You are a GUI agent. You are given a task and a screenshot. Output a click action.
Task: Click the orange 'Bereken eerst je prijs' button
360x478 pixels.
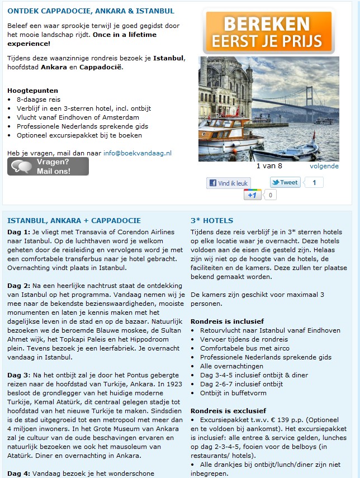coord(268,32)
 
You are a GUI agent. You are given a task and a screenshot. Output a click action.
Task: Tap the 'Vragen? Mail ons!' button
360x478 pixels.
coord(48,167)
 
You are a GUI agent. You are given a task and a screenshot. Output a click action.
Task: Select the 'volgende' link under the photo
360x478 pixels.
coord(324,166)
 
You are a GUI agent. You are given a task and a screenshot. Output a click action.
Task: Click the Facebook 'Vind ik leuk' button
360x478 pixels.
coord(229,183)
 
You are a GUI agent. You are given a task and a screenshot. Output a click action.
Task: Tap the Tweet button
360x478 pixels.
coord(285,182)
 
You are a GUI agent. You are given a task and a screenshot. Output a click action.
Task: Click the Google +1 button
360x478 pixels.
coord(253,195)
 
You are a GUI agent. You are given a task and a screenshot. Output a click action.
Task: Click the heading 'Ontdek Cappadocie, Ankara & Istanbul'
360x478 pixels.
coord(91,11)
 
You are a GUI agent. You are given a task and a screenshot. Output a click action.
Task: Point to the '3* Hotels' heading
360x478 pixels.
coord(212,220)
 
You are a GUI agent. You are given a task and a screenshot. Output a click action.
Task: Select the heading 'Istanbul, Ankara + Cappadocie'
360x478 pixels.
coord(74,220)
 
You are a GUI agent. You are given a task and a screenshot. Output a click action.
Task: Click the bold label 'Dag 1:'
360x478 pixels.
coord(18,232)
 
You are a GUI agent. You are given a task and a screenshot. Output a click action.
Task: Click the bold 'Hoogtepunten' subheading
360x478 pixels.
coord(33,90)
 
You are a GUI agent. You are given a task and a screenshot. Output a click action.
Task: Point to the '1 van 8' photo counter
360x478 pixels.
coord(269,166)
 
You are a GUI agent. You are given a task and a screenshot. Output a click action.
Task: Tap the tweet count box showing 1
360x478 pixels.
coord(314,182)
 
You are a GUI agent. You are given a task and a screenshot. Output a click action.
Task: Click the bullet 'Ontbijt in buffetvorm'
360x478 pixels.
coord(234,393)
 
